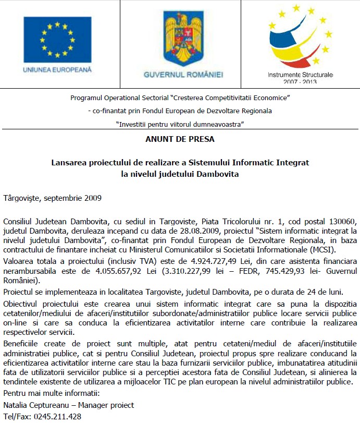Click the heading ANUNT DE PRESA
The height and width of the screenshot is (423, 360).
tap(180, 139)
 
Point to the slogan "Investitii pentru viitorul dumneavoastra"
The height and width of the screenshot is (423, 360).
tap(180, 124)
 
